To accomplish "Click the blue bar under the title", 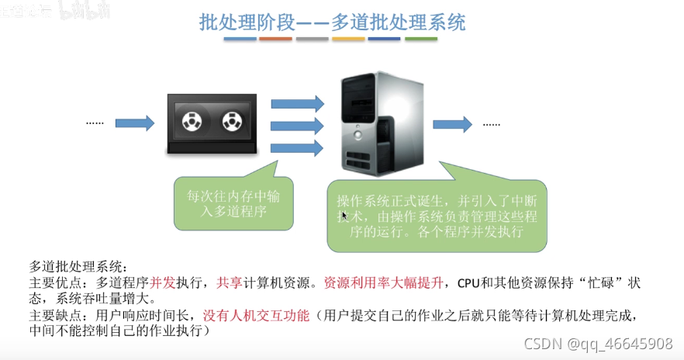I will [240, 38].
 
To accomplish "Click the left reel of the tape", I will [191, 122].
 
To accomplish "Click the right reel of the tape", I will [232, 122].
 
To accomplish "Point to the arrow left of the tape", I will [135, 123].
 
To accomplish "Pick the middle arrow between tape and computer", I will [296, 126].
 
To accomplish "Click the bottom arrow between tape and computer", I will [296, 147].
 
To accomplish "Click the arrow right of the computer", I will [452, 123].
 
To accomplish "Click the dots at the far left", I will [95, 123].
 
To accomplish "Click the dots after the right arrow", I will [492, 123].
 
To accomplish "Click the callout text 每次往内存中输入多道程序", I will [233, 203].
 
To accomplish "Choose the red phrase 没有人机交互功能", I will [256, 316].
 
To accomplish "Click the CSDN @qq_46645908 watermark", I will [597, 343].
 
